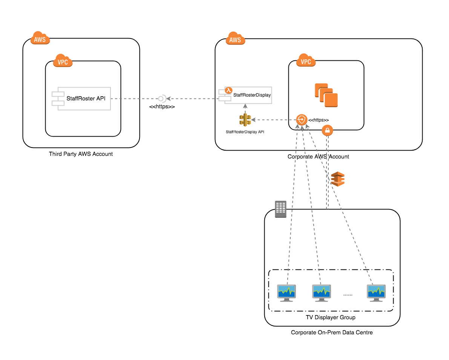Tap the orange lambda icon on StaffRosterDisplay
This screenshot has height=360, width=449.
[228, 90]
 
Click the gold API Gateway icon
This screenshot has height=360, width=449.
[245, 120]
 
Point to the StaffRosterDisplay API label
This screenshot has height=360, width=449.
[245, 132]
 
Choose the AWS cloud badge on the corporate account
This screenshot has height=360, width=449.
[235, 38]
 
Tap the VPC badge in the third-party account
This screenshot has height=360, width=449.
[63, 61]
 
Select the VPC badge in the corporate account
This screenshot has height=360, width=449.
[306, 61]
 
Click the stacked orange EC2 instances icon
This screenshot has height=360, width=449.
[326, 95]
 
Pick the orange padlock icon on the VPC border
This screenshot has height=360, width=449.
[327, 131]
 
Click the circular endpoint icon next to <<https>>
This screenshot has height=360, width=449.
[302, 120]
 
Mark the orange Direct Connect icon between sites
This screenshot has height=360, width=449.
[338, 179]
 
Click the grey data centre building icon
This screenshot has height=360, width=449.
[280, 209]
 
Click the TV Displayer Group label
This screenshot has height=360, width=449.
[330, 317]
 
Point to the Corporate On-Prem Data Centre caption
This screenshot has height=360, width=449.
[332, 332]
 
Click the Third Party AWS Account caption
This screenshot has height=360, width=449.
[81, 154]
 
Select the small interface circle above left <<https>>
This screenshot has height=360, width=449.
[161, 98]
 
